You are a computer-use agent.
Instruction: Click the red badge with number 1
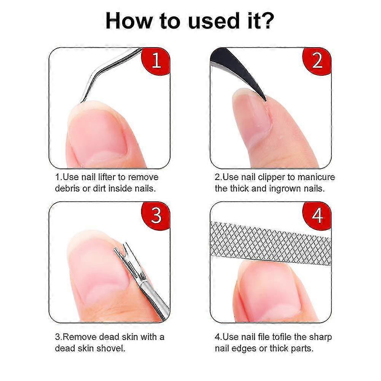pyautogui.click(x=156, y=61)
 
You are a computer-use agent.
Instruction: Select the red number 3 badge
pyautogui.click(x=156, y=215)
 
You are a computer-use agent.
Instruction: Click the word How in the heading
pyautogui.click(x=128, y=21)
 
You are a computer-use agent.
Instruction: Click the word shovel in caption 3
pyautogui.click(x=111, y=348)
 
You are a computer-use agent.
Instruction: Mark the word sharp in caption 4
pyautogui.click(x=320, y=337)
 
